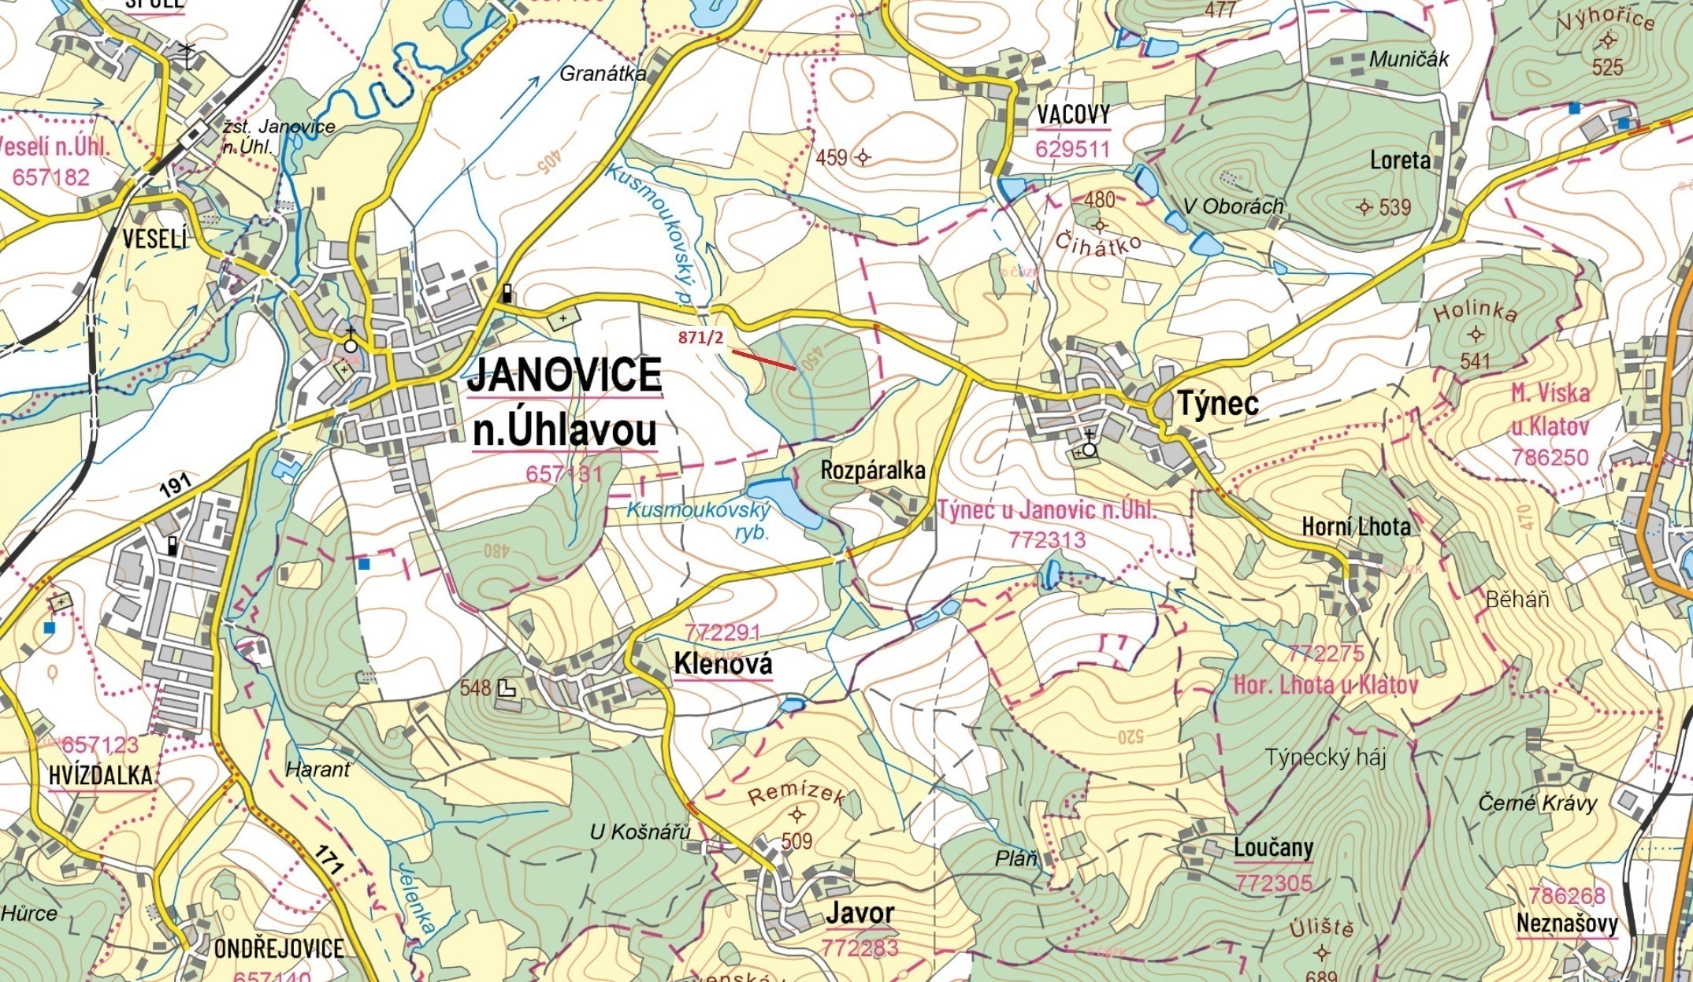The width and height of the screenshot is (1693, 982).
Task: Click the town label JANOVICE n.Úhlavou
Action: click(x=564, y=402)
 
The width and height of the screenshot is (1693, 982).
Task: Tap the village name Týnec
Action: click(x=1217, y=403)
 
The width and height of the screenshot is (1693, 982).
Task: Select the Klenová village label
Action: click(x=722, y=665)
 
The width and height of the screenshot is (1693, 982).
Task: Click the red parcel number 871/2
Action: click(x=700, y=338)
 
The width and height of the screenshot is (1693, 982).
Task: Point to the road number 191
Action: click(x=175, y=484)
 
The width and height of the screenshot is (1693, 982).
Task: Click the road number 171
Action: click(x=329, y=859)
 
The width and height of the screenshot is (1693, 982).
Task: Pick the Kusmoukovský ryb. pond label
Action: click(x=698, y=521)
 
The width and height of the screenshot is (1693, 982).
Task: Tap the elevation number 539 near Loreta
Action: click(x=1394, y=208)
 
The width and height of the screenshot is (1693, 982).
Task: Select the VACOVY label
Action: click(x=1073, y=115)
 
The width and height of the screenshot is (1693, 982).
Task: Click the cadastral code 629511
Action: click(x=1073, y=149)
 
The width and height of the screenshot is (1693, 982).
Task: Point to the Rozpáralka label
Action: click(x=873, y=471)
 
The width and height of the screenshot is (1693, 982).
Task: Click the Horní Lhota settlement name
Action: click(x=1356, y=526)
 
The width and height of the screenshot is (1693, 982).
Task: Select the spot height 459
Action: click(x=831, y=157)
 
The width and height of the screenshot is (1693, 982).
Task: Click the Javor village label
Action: click(x=859, y=913)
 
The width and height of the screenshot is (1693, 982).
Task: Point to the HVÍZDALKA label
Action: click(x=100, y=776)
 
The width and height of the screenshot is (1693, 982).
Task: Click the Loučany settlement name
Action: click(x=1273, y=848)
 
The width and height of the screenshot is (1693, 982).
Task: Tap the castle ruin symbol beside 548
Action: click(x=507, y=689)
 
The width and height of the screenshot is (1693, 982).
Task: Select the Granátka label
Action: click(x=603, y=74)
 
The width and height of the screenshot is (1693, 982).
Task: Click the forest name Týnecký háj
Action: click(x=1325, y=758)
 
